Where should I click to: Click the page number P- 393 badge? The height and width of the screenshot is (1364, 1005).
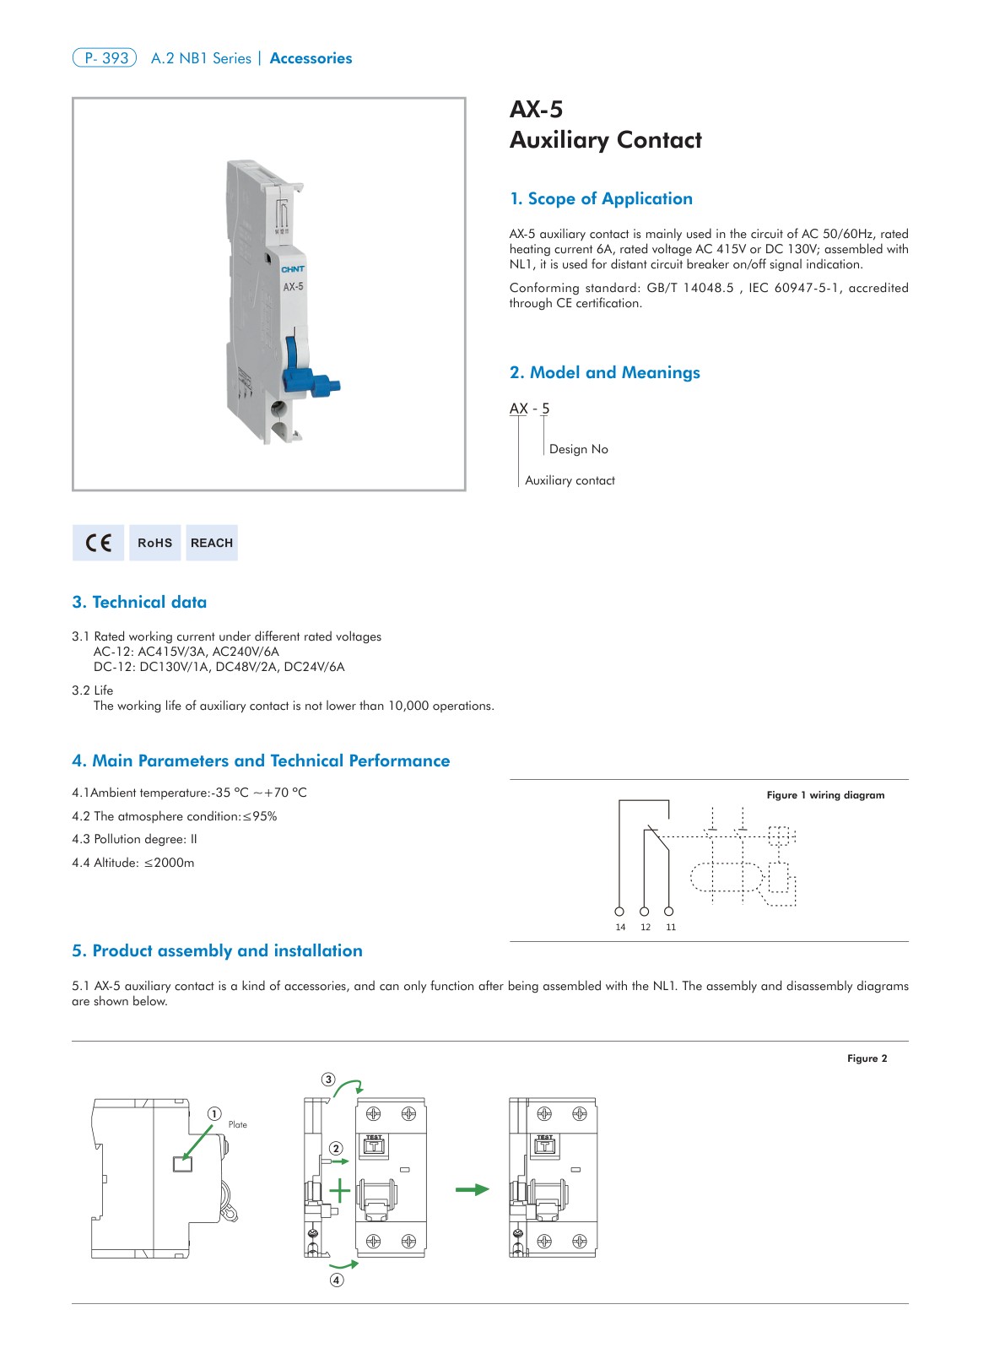pyautogui.click(x=105, y=58)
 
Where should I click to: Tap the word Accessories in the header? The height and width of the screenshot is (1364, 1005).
pyautogui.click(x=311, y=58)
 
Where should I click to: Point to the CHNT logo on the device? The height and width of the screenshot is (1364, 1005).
pyautogui.click(x=293, y=269)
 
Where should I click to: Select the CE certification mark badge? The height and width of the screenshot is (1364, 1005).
pyautogui.click(x=98, y=543)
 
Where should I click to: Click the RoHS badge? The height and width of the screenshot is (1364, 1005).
pyautogui.click(x=154, y=543)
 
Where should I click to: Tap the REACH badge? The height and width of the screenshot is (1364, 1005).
pyautogui.click(x=212, y=543)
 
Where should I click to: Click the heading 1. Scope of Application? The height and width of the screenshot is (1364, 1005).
pyautogui.click(x=601, y=199)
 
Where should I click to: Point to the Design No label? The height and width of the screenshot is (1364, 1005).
pyautogui.click(x=578, y=449)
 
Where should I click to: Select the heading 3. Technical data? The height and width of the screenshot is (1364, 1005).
pyautogui.click(x=139, y=603)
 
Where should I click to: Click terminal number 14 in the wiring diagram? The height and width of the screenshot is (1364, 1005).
pyautogui.click(x=620, y=927)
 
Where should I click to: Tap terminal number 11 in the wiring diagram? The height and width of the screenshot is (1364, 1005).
pyautogui.click(x=671, y=927)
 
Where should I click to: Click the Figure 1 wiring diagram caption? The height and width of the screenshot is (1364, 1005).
pyautogui.click(x=825, y=795)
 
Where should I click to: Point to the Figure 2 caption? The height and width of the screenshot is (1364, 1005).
pyautogui.click(x=867, y=1058)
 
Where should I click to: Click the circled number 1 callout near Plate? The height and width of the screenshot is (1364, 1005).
pyautogui.click(x=214, y=1114)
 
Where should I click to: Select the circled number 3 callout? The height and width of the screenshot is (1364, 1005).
pyautogui.click(x=328, y=1080)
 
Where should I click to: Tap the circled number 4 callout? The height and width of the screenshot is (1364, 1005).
pyautogui.click(x=337, y=1280)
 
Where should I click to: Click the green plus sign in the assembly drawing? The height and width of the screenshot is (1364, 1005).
pyautogui.click(x=339, y=1190)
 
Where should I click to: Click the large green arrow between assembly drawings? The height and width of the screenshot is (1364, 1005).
pyautogui.click(x=472, y=1189)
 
